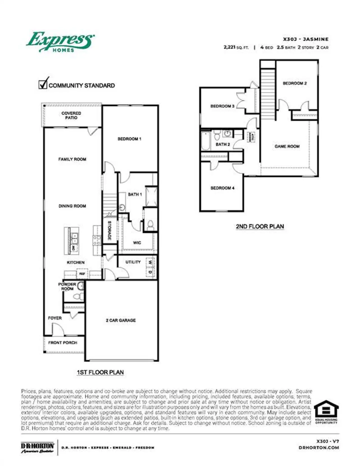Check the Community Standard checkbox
pos(43,84)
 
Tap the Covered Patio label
pos(71,116)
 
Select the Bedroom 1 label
pos(129,139)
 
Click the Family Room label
pos(72,159)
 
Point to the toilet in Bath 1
pos(150,224)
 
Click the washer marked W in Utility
pos(150,263)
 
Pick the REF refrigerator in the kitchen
pos(82,273)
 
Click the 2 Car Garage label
pos(121,320)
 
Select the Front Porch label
pos(62,343)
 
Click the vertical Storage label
pos(109,230)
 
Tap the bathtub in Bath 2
pos(206,141)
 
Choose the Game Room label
pos(287,146)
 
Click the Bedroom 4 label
pos(222,188)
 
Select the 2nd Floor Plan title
pos(260,226)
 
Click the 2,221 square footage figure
pos(229,47)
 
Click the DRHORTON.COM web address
pos(319,447)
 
